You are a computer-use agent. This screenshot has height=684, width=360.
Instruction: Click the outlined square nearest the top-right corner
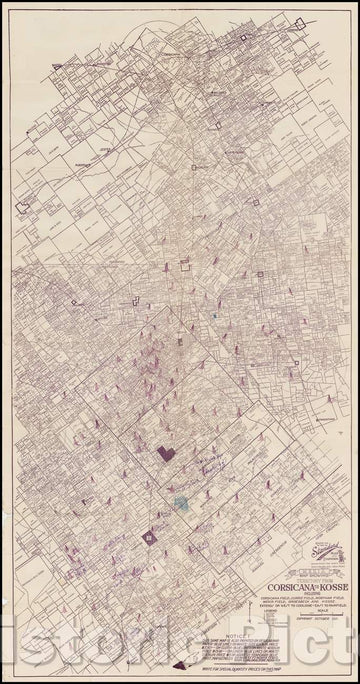click(x=242, y=37)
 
